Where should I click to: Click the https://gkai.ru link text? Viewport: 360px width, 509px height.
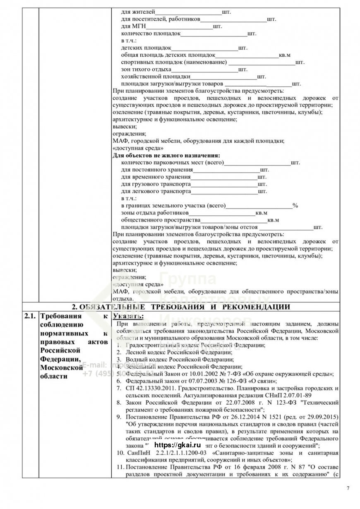[177, 444]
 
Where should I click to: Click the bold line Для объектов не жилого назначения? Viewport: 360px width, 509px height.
[166, 156]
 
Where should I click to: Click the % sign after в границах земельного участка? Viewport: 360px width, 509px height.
[295, 205]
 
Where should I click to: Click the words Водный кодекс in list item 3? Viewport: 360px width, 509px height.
[145, 360]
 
